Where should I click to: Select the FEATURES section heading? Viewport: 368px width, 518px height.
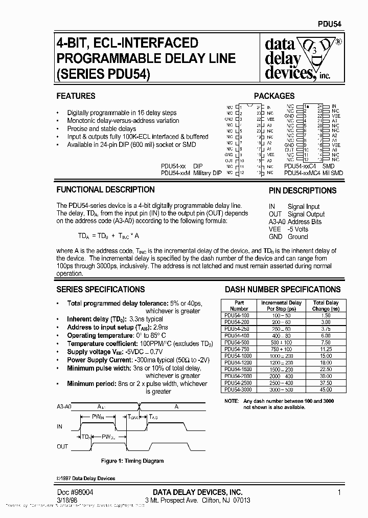pos(76,96)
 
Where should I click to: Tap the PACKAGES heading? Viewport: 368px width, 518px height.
pos(274,96)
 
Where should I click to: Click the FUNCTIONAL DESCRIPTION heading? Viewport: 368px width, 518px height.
pos(105,189)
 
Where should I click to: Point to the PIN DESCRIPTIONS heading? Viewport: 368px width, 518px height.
pos(303,190)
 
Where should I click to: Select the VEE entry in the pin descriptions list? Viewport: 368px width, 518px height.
pos(275,229)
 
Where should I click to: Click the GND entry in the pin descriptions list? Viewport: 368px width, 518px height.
pos(275,237)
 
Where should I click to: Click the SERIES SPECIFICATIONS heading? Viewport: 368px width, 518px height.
pos(100,289)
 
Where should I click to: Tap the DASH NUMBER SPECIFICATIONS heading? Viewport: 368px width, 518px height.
pos(283,289)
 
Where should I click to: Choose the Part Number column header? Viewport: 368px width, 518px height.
pos(239,306)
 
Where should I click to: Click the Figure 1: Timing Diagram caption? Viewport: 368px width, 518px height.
pos(132,461)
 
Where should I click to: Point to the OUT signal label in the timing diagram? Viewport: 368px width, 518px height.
pos(62,446)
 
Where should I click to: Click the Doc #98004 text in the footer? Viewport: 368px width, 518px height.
pos(75,492)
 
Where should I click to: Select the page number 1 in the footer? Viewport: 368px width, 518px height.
pos(339,492)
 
